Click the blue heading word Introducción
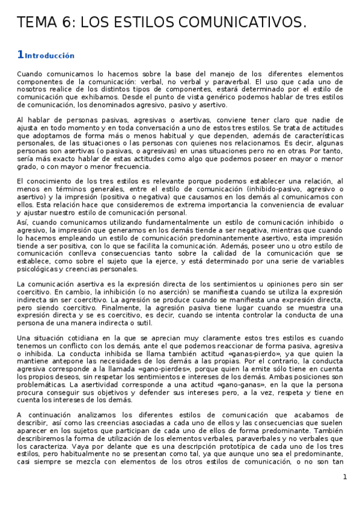pos(50,56)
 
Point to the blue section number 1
pos(20,55)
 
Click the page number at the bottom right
pos(345,477)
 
